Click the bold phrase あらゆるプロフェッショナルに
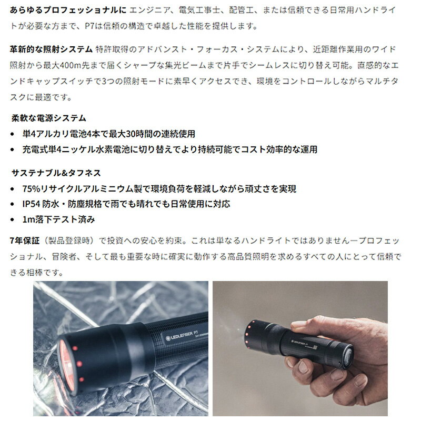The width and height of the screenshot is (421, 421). click(x=68, y=10)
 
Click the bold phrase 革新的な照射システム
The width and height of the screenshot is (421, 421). click(x=51, y=49)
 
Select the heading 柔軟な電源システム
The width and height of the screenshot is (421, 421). click(x=49, y=118)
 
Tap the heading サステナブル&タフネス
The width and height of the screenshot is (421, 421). click(x=56, y=173)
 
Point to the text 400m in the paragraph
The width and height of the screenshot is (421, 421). click(x=71, y=65)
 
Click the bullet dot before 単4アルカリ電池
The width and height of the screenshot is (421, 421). click(x=12, y=134)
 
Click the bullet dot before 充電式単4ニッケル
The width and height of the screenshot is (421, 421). click(x=12, y=149)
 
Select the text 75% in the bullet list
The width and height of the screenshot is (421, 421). click(x=31, y=189)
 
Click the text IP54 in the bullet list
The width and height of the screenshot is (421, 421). click(x=31, y=204)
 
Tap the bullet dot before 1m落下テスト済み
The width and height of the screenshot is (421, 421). click(x=12, y=219)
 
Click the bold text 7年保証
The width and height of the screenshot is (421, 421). click(x=25, y=240)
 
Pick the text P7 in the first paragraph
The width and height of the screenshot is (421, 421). click(x=89, y=26)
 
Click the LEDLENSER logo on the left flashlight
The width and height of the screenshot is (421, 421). click(x=179, y=336)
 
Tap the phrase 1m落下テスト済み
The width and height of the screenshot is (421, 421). click(x=58, y=219)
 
